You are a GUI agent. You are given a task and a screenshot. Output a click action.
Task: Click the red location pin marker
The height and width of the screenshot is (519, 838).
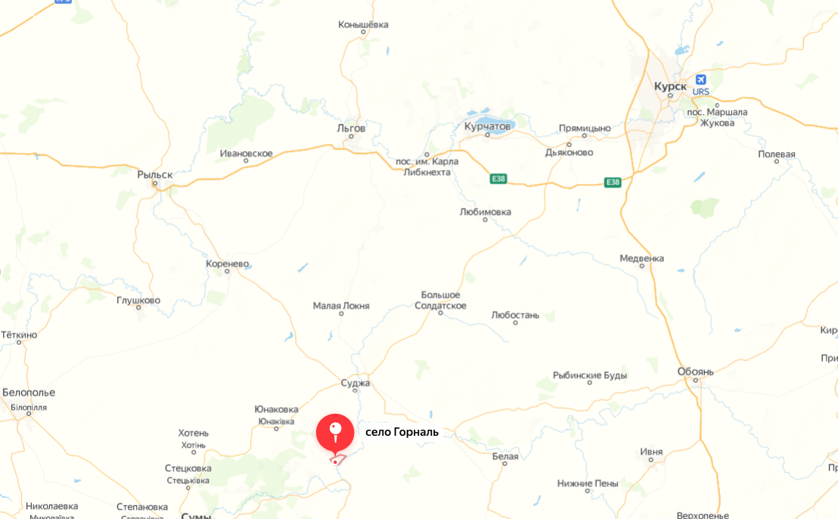point(335,433)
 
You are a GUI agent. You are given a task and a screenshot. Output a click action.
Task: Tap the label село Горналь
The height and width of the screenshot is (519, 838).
point(402,433)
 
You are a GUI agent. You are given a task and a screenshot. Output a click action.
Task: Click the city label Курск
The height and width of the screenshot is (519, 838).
point(670,86)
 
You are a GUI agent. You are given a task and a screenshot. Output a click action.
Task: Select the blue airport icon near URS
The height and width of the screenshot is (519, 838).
point(701,79)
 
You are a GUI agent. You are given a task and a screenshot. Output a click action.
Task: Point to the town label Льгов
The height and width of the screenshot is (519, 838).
point(351,128)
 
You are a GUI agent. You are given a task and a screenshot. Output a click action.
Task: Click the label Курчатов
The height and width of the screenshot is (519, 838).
point(487,126)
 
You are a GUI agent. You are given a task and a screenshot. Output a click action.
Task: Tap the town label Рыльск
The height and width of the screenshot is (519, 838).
point(155,175)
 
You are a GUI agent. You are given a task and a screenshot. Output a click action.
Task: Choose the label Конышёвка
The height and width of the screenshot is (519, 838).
point(363,25)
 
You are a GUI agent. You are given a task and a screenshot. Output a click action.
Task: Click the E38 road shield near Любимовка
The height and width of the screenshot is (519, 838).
point(498,179)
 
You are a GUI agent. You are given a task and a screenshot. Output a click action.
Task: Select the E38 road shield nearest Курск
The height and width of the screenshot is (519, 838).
point(613,182)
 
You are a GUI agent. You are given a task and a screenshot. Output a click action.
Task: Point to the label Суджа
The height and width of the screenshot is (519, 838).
point(355,383)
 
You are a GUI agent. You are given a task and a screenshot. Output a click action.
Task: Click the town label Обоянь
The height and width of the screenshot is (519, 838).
point(696,371)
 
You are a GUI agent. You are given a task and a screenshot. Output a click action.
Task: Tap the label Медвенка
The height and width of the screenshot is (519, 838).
point(641,258)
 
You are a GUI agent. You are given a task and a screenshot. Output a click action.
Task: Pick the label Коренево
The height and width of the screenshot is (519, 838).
point(227,264)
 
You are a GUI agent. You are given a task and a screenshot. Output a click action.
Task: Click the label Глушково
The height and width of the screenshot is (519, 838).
point(138,300)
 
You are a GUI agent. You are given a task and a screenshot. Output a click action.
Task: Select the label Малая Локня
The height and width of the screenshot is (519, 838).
point(341,306)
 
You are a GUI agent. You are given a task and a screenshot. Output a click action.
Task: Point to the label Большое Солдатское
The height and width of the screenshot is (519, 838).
point(440,300)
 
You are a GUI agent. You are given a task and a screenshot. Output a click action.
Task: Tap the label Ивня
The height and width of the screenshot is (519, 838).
point(651,452)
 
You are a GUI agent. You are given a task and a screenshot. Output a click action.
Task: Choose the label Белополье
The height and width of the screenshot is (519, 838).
point(29,393)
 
